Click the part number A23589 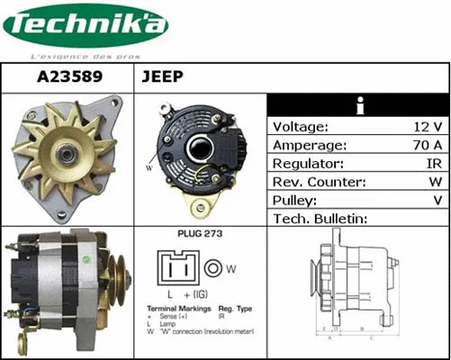coord(68,77)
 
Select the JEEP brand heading coord(163,77)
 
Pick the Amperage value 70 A coord(424,146)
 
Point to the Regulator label coord(308,165)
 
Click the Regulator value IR coord(431,165)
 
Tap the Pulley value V coord(437,201)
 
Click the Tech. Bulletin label coord(320,219)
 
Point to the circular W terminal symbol coord(213,267)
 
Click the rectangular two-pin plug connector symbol coord(178,267)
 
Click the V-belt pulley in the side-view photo coord(116,283)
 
